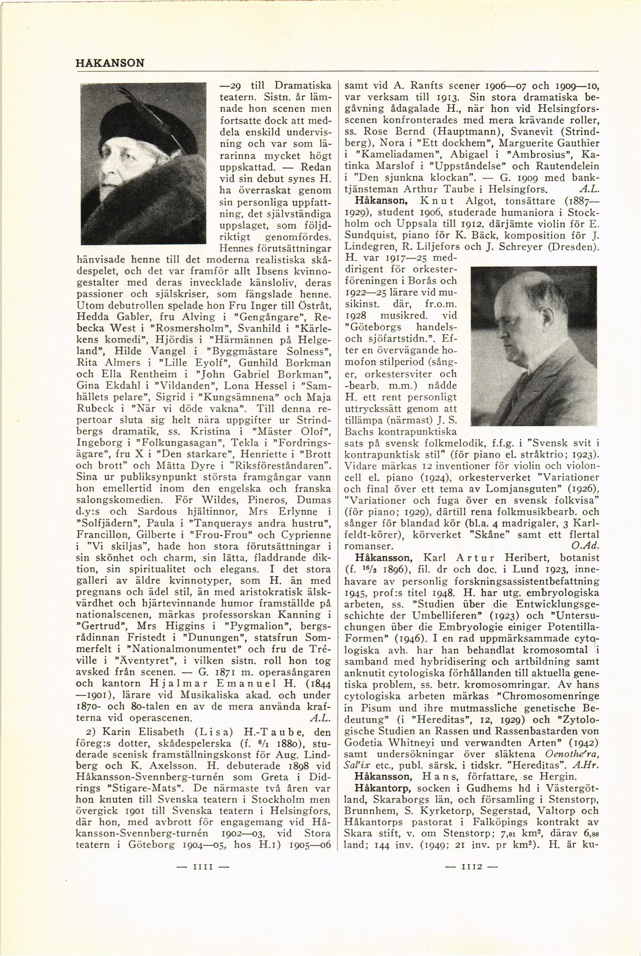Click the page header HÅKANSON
[x=110, y=63]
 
